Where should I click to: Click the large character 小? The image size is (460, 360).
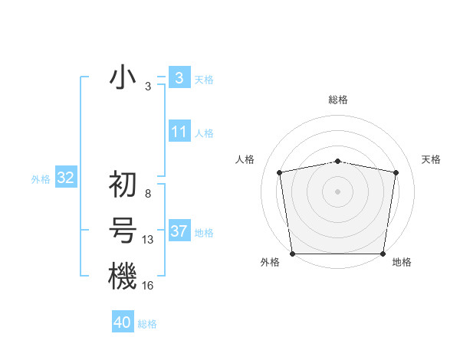tap(123, 78)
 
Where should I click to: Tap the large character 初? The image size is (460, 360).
tap(123, 185)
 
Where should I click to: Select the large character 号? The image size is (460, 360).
tap(123, 231)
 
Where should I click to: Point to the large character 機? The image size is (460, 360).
tap(123, 276)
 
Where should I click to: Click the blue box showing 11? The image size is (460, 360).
tap(179, 132)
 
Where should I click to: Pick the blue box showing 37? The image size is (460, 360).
tap(179, 231)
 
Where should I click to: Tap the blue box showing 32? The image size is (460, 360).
tap(66, 178)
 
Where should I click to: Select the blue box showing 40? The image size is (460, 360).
tap(123, 322)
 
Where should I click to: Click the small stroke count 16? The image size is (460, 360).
tap(148, 286)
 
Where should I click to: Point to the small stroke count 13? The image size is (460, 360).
tap(148, 240)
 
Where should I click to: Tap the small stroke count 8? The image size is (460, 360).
tap(148, 194)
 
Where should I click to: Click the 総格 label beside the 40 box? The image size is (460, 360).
tap(147, 324)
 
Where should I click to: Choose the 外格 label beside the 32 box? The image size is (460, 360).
tap(41, 179)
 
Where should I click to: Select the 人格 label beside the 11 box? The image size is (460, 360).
tap(204, 133)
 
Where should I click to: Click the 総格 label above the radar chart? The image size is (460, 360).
tap(338, 100)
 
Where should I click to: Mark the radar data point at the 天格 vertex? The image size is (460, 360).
tap(396, 172)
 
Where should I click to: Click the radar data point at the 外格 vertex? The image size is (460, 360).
tap(293, 254)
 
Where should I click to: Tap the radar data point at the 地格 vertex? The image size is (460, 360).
tap(383, 254)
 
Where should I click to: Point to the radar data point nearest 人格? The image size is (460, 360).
tap(281, 172)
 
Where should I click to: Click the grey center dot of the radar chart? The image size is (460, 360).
tap(338, 191)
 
